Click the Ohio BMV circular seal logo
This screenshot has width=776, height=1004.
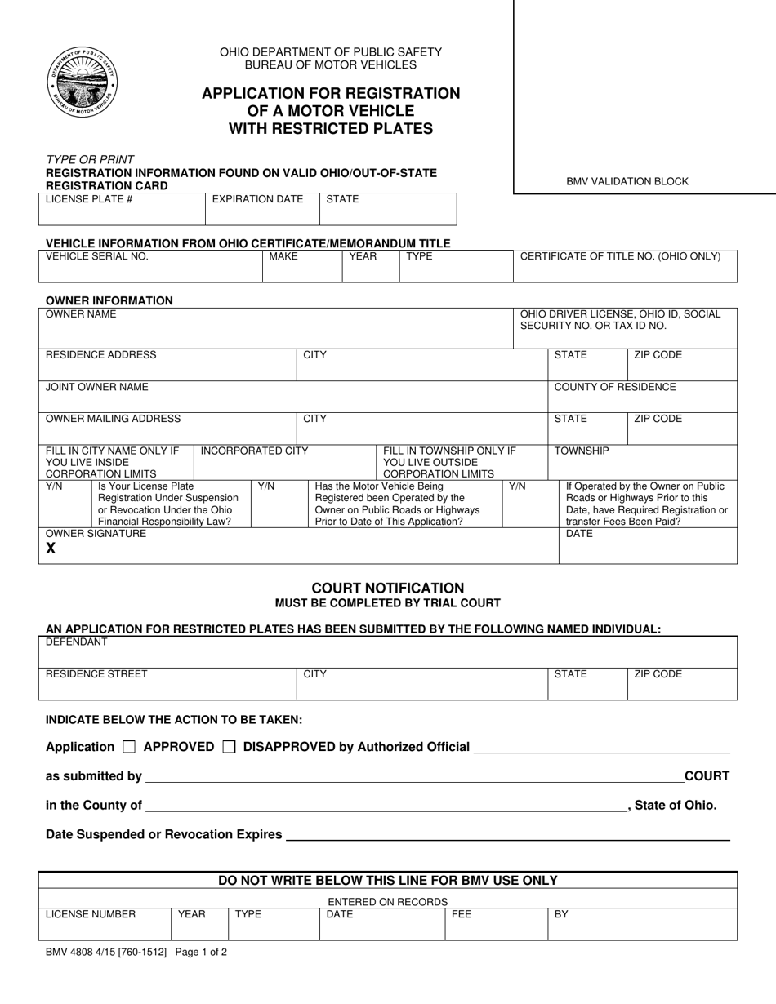(x=82, y=82)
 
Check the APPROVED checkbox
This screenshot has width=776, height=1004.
(x=129, y=746)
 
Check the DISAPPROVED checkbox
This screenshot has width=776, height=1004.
(x=230, y=746)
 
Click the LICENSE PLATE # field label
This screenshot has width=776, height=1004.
(x=89, y=199)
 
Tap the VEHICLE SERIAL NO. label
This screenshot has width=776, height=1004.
(x=96, y=256)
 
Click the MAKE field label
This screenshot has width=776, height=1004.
(x=283, y=256)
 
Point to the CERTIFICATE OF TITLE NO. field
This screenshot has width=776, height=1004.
(x=620, y=256)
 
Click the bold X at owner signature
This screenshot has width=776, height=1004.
(x=51, y=549)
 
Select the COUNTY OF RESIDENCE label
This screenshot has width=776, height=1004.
(x=615, y=387)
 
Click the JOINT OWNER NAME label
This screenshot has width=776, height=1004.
(x=97, y=387)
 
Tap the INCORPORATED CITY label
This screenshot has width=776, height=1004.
(x=254, y=451)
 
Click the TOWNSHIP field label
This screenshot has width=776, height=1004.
(x=582, y=451)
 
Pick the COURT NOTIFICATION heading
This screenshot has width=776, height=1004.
(x=387, y=588)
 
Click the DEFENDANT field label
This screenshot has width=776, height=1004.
(x=76, y=642)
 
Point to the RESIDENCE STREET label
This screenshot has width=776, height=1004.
(x=96, y=674)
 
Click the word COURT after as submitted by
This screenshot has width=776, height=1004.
(x=707, y=776)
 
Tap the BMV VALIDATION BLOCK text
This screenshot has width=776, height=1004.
(x=627, y=181)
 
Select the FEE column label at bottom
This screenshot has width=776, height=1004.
(x=462, y=915)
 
